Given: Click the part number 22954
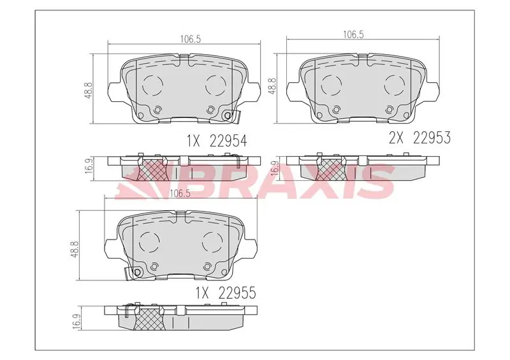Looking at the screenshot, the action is [x=228, y=141].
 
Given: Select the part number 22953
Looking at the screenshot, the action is [x=432, y=138].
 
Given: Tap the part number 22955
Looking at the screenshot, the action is [x=237, y=293].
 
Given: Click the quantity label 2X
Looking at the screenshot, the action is [x=396, y=138].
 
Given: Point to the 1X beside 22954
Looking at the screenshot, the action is [x=193, y=141].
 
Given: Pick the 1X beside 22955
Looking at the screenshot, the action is [x=201, y=293].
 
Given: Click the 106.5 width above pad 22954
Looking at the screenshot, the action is [x=191, y=39].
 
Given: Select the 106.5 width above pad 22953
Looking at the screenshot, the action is [x=353, y=34].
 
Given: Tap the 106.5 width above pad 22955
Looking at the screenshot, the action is [x=180, y=193].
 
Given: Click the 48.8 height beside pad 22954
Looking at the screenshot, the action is [x=90, y=90].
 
